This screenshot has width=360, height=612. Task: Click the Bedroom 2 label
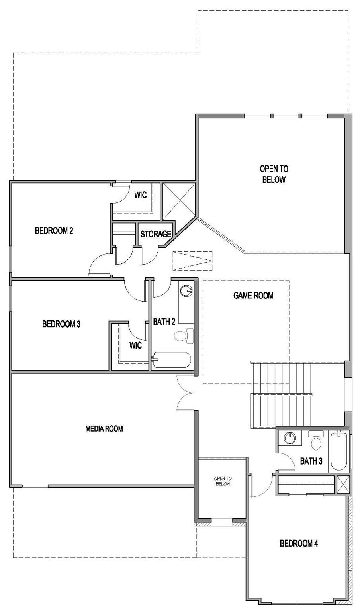[x=54, y=231]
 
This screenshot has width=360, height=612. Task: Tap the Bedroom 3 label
[x=61, y=324]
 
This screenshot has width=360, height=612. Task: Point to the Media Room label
[x=104, y=428]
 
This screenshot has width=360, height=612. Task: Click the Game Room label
[x=253, y=295]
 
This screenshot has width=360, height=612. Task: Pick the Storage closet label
[x=156, y=234]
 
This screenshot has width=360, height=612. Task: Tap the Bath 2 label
[x=164, y=322]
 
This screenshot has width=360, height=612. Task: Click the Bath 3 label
[x=311, y=461]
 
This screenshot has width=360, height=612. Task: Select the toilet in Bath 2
[x=184, y=336]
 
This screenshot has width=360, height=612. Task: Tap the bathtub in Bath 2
[x=171, y=360]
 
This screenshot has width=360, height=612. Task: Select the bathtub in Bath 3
[x=339, y=450]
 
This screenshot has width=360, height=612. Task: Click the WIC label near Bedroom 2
[x=141, y=195]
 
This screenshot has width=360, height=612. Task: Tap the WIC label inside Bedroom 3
[x=135, y=345]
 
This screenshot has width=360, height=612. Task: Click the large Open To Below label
[x=274, y=174]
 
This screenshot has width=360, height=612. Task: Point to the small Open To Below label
[x=223, y=481]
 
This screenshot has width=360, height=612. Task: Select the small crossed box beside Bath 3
[x=343, y=485]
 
